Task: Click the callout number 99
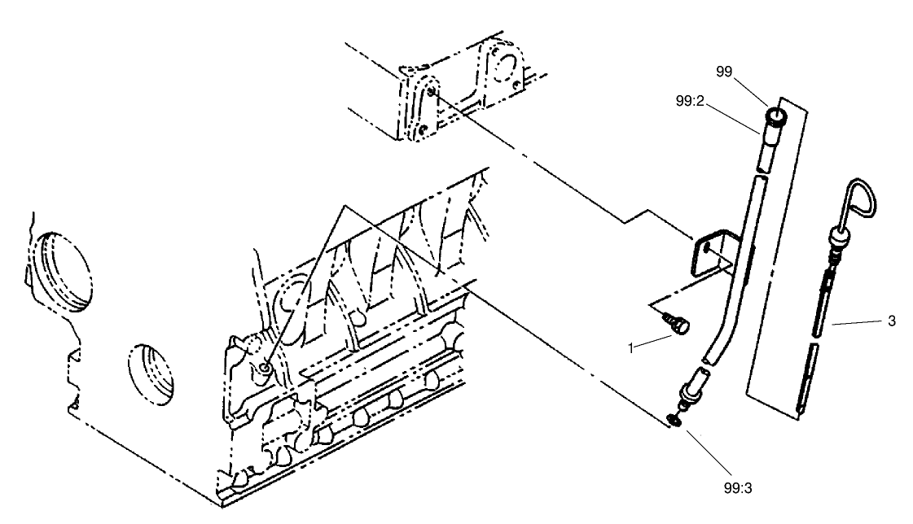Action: (724, 72)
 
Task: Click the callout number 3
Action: (891, 321)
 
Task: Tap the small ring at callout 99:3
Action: (674, 419)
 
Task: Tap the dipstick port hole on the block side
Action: (266, 372)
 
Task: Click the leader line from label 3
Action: (855, 323)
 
